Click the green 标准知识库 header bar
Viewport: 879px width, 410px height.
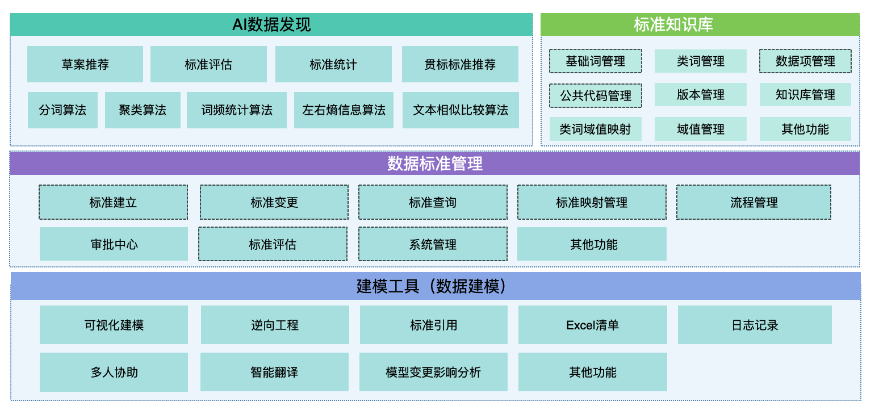(700, 24)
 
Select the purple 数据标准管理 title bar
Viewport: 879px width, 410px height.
(435, 164)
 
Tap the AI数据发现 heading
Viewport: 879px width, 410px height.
(271, 24)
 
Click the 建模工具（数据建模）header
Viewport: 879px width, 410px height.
(436, 286)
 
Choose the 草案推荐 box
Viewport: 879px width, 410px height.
(85, 64)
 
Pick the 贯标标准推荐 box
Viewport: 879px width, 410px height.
(460, 64)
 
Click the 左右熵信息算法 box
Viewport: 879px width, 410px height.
(344, 110)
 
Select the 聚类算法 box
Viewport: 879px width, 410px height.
(143, 110)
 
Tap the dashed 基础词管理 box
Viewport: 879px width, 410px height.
(595, 61)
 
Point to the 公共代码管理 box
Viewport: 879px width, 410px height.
(595, 95)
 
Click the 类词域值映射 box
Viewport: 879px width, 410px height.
(595, 129)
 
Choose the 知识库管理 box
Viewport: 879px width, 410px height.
(805, 95)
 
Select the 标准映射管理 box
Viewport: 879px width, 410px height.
(592, 203)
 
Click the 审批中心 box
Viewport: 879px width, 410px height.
(114, 244)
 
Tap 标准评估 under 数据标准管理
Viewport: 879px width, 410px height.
(273, 244)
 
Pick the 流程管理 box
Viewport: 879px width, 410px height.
(754, 203)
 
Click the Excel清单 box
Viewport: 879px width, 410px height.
(593, 325)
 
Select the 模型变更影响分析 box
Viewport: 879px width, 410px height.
(433, 372)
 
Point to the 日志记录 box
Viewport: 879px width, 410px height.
(755, 325)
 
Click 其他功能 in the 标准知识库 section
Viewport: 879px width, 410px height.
(805, 129)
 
